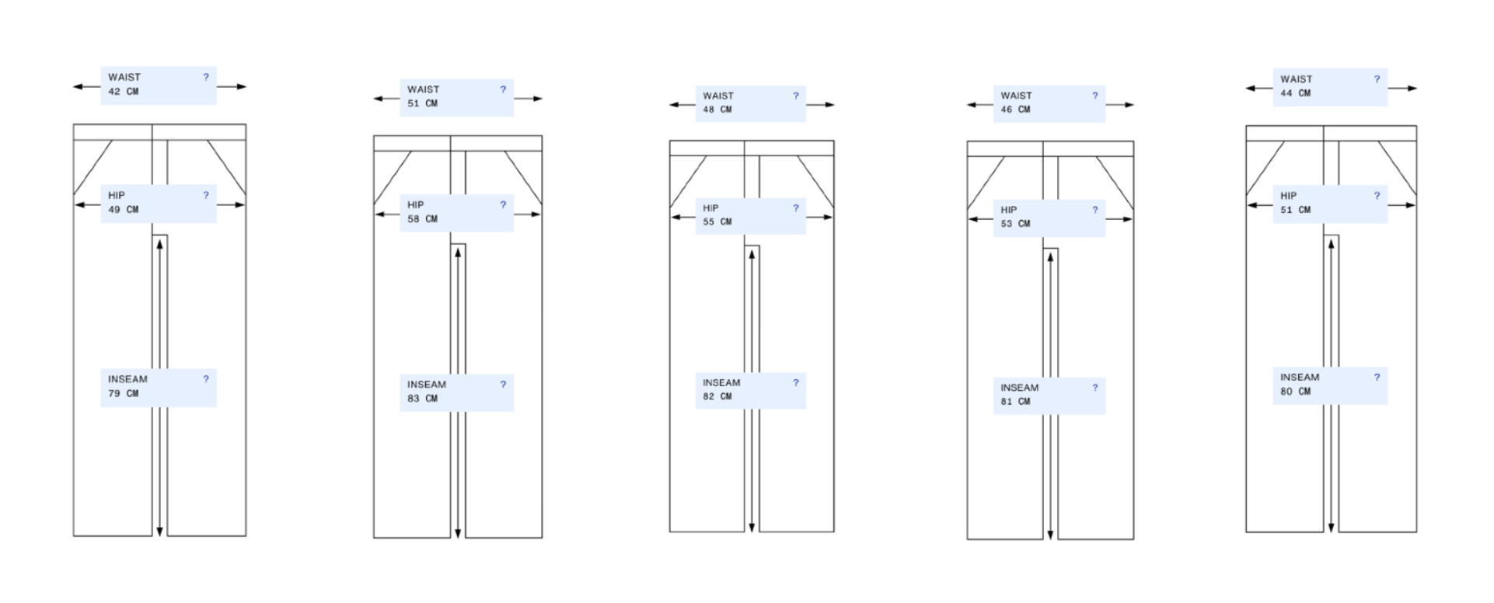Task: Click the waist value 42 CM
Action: tap(124, 92)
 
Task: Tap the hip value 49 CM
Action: tap(124, 210)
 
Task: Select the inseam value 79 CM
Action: tap(124, 394)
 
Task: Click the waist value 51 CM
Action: tap(422, 103)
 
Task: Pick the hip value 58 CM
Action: tap(422, 219)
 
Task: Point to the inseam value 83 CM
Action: tap(422, 399)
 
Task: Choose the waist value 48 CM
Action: tap(717, 110)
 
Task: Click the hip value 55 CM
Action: tap(717, 222)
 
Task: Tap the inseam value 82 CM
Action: tap(717, 396)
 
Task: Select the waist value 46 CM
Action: tap(1015, 110)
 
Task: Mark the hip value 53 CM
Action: tap(1015, 224)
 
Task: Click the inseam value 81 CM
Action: tap(1015, 402)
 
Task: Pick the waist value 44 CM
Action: tap(1296, 93)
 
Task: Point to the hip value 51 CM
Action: tap(1296, 210)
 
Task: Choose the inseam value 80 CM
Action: tap(1296, 392)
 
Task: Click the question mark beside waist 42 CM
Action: tap(206, 77)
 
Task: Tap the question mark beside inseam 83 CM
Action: tap(503, 384)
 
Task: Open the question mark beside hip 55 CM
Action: tap(796, 208)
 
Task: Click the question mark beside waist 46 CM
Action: tap(1095, 96)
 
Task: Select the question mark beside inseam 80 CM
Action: tap(1377, 377)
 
